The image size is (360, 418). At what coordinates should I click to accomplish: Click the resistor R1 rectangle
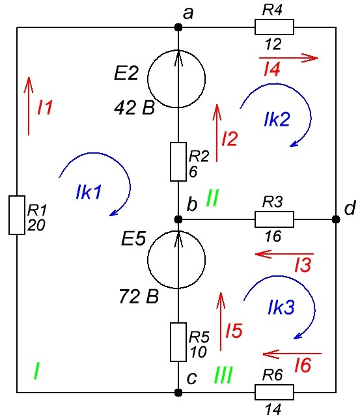(x=17, y=215)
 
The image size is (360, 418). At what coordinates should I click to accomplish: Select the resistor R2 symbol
(x=178, y=162)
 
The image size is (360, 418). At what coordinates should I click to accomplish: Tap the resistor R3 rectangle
(x=274, y=219)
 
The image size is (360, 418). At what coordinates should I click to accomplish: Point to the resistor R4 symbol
(x=274, y=27)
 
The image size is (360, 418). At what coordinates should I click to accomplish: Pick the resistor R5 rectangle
(x=178, y=342)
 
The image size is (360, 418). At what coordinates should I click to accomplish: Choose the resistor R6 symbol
(x=274, y=392)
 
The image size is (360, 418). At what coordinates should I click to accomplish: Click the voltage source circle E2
(x=176, y=78)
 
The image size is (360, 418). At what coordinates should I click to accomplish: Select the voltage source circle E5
(x=176, y=259)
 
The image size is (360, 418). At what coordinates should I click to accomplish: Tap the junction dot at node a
(x=178, y=27)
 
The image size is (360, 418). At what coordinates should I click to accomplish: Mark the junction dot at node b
(x=178, y=219)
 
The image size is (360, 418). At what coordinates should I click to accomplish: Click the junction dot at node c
(x=178, y=393)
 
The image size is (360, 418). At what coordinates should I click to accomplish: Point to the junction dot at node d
(x=336, y=219)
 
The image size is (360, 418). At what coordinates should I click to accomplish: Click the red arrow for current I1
(x=29, y=106)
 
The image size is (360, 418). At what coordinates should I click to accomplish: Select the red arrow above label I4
(x=288, y=57)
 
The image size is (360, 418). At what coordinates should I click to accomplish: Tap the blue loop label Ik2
(x=277, y=119)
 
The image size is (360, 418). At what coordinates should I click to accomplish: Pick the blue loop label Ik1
(x=89, y=192)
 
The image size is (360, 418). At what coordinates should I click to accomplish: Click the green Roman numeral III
(x=223, y=375)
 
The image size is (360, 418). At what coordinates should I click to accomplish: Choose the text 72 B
(x=139, y=296)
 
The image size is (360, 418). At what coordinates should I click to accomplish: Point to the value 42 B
(x=135, y=108)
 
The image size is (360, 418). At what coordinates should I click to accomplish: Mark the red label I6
(x=303, y=365)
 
